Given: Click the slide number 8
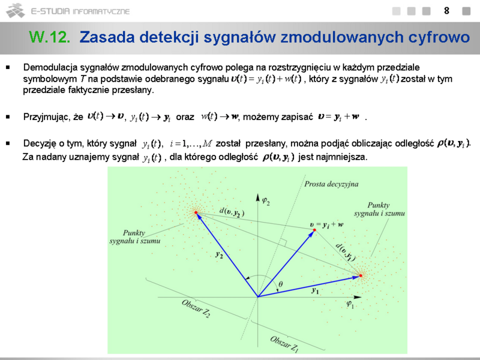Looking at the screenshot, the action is coord(446,11).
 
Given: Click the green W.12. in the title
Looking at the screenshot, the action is coord(50,37).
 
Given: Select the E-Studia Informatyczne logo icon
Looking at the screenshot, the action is coord(15,10).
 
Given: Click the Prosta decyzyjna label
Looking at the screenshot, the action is coord(331,184).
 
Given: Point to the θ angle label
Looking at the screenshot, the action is coord(280,284).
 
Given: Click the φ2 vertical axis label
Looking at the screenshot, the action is coord(266,202).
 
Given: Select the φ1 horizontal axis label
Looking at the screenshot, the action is coord(350,304).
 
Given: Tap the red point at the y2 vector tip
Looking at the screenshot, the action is coord(196,212).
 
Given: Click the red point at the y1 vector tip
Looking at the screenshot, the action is coord(361,275).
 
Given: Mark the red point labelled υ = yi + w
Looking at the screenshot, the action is coord(314,230).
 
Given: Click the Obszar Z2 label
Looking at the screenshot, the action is coord(196,308).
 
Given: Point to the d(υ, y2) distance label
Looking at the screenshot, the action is coord(232,212).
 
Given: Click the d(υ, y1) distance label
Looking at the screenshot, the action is coord(346,252).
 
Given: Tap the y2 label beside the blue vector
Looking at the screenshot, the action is coord(219,254).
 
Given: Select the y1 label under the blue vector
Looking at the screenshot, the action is coord(315,290).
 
